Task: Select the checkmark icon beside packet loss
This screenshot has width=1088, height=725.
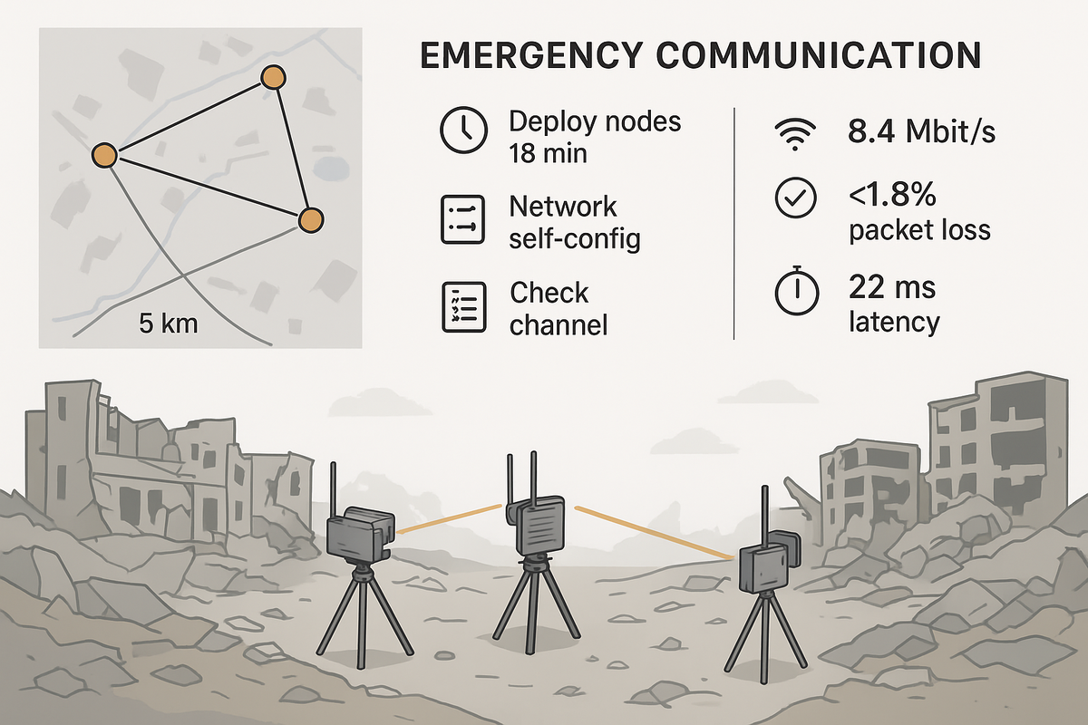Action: click(x=795, y=199)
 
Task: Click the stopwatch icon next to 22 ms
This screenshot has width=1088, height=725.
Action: click(x=795, y=289)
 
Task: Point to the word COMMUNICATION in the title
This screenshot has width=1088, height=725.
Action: click(x=820, y=56)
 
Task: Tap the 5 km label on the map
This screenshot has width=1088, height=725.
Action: click(x=169, y=324)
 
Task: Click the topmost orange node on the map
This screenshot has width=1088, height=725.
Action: click(x=272, y=77)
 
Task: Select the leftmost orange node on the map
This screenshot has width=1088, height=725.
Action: click(x=105, y=156)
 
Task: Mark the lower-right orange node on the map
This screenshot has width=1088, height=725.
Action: click(x=310, y=219)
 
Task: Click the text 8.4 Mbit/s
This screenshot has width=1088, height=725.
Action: click(x=921, y=132)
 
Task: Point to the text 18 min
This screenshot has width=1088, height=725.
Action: click(x=548, y=152)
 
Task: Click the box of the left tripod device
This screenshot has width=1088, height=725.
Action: click(x=357, y=536)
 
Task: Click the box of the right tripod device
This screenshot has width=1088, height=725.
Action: click(x=763, y=567)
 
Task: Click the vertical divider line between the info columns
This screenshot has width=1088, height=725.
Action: click(x=733, y=223)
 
